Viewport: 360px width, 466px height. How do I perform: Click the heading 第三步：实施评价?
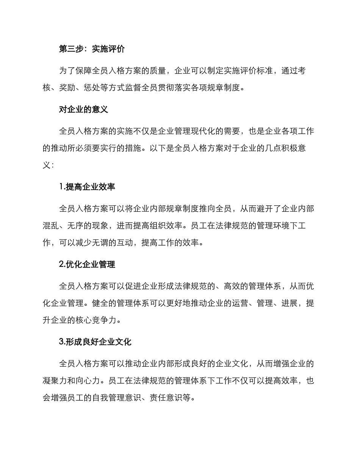tap(92, 49)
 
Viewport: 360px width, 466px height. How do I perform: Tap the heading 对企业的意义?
tap(84, 109)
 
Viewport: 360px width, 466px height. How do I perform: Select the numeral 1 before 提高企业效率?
tap(61, 187)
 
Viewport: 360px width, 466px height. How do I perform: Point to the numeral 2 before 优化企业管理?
tap(61, 264)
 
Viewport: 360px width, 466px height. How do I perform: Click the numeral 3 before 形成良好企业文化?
tap(61, 342)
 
